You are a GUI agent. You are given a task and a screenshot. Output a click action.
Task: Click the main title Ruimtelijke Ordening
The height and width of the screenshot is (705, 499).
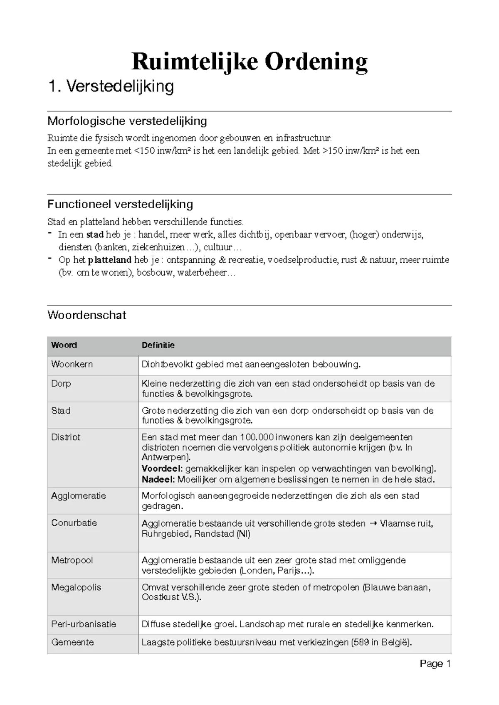249,62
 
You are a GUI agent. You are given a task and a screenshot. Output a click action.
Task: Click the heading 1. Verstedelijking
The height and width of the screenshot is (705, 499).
111,86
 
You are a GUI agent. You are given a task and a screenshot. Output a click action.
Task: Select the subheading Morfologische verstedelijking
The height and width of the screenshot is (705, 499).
127,121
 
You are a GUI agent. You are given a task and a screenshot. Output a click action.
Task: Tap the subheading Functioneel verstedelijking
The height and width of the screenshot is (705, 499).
120,204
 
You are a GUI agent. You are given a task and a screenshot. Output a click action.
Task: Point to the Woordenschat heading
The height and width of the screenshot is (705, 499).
86,315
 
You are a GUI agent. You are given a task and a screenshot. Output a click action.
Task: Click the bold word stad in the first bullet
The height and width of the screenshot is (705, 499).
95,234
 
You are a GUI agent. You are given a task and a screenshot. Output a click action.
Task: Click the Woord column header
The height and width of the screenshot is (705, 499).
64,345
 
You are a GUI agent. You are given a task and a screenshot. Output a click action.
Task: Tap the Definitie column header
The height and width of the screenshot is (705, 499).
158,345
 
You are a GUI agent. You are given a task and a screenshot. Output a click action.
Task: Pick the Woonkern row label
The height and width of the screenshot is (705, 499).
72,364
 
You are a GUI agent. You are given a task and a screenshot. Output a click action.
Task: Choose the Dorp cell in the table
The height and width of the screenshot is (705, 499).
61,383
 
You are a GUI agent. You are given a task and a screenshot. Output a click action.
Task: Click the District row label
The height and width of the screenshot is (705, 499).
66,437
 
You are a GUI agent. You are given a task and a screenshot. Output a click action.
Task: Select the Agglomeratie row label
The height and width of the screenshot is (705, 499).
79,495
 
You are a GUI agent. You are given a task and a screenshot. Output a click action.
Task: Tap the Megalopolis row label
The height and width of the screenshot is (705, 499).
76,587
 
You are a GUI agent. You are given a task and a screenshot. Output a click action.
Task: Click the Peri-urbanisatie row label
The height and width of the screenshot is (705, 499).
84,624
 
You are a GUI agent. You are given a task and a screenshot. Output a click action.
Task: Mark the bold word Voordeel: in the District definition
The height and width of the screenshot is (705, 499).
162,468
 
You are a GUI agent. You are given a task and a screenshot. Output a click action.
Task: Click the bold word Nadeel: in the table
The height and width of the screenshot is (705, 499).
158,479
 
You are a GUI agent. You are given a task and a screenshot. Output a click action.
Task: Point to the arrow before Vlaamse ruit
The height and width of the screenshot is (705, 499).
373,524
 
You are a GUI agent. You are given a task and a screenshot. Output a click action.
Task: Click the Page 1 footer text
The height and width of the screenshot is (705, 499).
435,664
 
